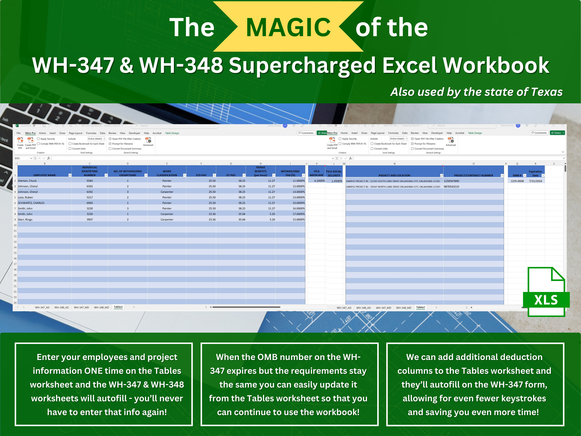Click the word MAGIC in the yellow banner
[288, 27]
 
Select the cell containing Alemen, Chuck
[27, 181]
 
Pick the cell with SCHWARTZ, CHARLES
[31, 203]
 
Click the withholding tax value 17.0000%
[298, 214]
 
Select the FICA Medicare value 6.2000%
[319, 181]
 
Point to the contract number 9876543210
[451, 187]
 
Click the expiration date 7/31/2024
[535, 181]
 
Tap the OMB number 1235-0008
[517, 181]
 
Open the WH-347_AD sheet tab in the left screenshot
[42, 307]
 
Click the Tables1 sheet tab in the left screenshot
[118, 307]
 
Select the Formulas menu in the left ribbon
[91, 133]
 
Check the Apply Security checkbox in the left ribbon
[38, 139]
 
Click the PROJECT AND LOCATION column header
[394, 175]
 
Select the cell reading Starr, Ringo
[25, 219]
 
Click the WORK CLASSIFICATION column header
[167, 173]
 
